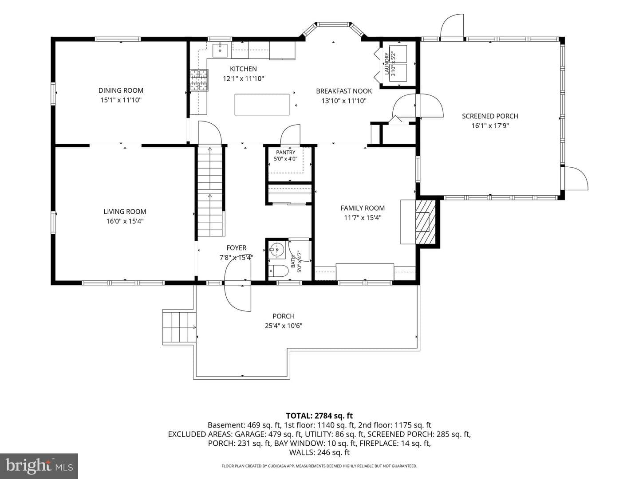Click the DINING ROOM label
tap(121, 90)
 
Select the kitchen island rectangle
tap(262, 104)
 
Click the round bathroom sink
tap(277, 250)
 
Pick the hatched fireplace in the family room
tap(425, 222)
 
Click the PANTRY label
tap(286, 153)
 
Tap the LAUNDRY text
tap(387, 64)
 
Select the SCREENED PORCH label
tap(490, 116)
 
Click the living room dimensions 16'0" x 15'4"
tap(125, 221)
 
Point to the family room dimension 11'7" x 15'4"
tap(363, 218)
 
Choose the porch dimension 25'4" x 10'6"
tap(284, 326)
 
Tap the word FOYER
tap(237, 248)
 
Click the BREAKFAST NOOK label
tap(344, 91)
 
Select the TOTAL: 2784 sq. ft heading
tap(319, 416)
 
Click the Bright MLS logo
tap(39, 466)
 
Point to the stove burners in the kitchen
tap(199, 80)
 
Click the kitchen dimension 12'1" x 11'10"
tap(243, 79)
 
